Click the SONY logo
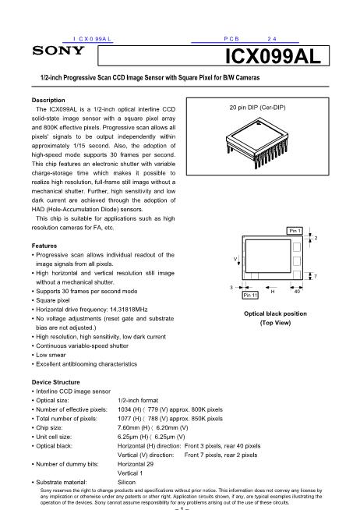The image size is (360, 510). click(x=58, y=51)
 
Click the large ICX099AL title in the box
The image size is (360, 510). click(x=273, y=56)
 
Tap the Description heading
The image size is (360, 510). click(x=48, y=100)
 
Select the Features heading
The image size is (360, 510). click(x=44, y=246)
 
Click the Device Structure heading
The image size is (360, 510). click(x=55, y=382)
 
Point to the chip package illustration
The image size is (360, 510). click(x=257, y=143)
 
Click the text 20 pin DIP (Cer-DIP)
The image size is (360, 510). click(x=257, y=108)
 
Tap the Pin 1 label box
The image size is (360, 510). click(x=295, y=231)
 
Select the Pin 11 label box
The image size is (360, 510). click(x=250, y=295)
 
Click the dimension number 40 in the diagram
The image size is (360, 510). click(x=297, y=292)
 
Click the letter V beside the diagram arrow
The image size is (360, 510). click(x=235, y=259)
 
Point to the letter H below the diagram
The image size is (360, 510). click(x=273, y=292)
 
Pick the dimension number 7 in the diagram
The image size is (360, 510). click(x=315, y=277)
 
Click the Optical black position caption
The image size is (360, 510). click(x=275, y=313)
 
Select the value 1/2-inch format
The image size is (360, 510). click(x=138, y=400)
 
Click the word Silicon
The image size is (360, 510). click(x=126, y=483)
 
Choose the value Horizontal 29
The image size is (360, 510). click(x=135, y=464)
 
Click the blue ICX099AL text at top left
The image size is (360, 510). click(x=92, y=39)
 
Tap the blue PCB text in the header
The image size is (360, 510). click(x=231, y=39)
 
